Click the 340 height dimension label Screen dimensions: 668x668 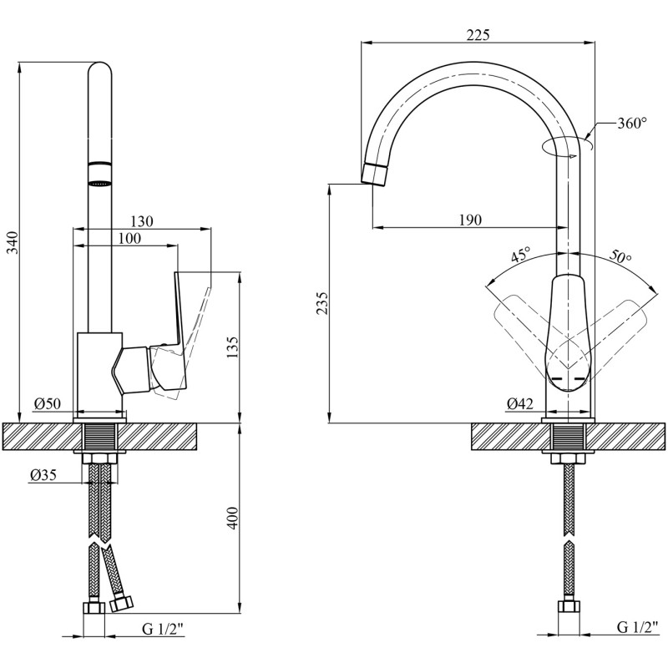[x=14, y=242]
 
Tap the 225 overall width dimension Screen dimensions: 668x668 [x=478, y=35]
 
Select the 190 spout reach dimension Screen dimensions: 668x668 [x=470, y=220]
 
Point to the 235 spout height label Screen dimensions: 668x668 [x=322, y=303]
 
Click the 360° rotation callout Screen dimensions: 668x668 [x=632, y=123]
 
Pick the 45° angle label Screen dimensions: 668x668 [x=520, y=256]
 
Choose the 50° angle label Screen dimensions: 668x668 [x=620, y=256]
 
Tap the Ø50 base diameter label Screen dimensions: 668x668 [x=48, y=403]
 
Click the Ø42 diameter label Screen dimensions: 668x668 [x=519, y=403]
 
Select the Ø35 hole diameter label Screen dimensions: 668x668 [x=43, y=474]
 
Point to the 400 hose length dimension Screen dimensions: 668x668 [x=233, y=518]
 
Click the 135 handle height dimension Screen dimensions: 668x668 [x=233, y=347]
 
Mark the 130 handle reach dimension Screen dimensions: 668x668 [x=141, y=221]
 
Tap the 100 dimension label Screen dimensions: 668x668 [x=129, y=238]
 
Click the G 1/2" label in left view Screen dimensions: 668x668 [x=162, y=628]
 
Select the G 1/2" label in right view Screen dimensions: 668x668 [x=635, y=627]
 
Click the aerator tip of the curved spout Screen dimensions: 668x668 [x=375, y=174]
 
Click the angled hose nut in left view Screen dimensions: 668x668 [x=121, y=603]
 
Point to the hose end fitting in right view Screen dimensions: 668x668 [x=569, y=607]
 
